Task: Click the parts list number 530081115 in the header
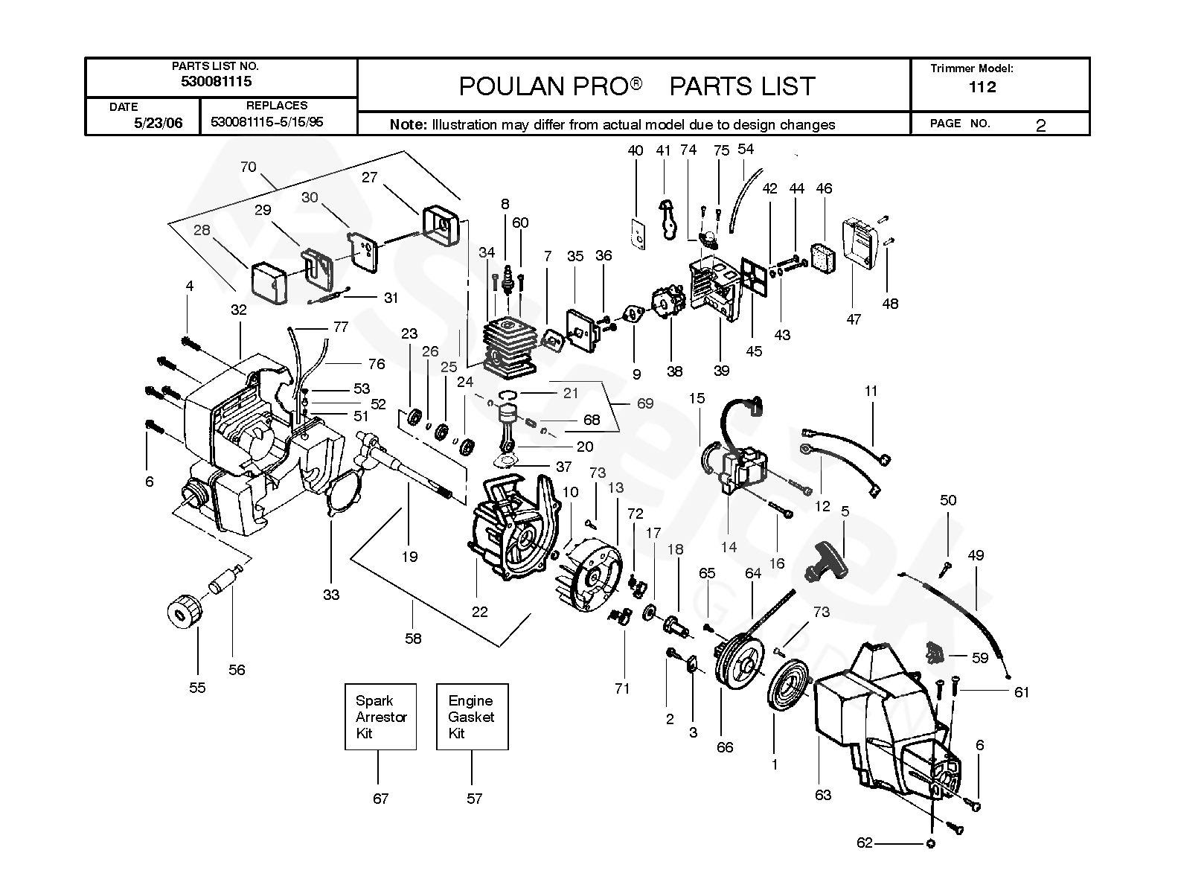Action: tap(216, 82)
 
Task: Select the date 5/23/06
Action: tap(158, 123)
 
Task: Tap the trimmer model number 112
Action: tap(982, 87)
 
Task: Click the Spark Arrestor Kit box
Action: tap(380, 716)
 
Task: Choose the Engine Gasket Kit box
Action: tap(472, 716)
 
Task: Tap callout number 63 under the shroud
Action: tap(822, 795)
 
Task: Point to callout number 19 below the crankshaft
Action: tap(409, 556)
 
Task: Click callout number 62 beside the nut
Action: tap(864, 843)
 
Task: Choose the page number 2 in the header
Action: tap(1040, 125)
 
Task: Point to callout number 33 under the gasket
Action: tap(331, 594)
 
